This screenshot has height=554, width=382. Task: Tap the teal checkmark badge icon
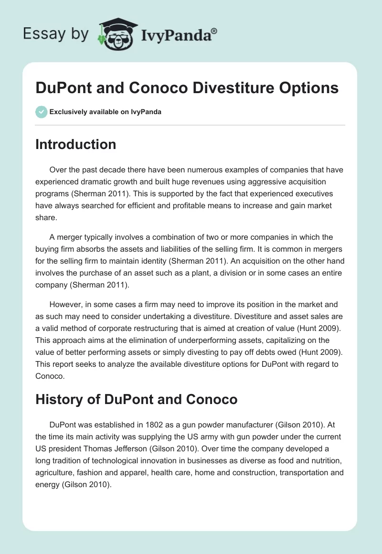pyautogui.click(x=41, y=112)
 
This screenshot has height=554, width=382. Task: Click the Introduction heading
pyautogui.click(x=75, y=144)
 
